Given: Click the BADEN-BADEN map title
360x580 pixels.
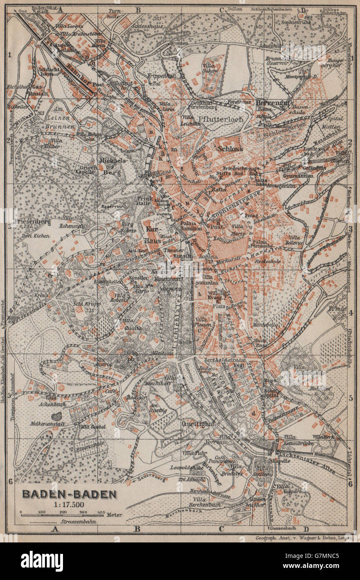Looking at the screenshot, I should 69,494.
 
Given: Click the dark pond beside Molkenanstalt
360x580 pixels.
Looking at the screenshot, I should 56,417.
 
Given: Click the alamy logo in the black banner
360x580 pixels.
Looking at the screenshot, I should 42,561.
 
